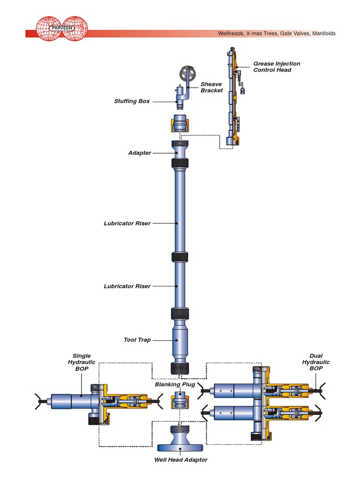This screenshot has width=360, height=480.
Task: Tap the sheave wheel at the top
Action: click(187, 74)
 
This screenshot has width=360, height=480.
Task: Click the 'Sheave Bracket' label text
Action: click(211, 87)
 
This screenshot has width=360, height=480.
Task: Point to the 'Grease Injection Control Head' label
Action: click(277, 67)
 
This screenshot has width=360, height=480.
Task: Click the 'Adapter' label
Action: click(140, 153)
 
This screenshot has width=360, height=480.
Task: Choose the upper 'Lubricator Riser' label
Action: click(127, 224)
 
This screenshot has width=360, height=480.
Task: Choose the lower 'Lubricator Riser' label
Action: click(127, 286)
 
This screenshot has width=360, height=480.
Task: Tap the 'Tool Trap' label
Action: click(137, 340)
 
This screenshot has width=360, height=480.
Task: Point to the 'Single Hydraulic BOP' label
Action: click(82, 362)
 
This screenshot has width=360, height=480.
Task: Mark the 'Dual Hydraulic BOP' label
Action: click(315, 362)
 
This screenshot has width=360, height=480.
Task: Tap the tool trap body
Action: click(180, 340)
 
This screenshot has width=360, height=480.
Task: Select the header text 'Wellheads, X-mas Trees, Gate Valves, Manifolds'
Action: click(277, 34)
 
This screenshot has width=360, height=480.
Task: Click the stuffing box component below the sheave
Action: click(179, 97)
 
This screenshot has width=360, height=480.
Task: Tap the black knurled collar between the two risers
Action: click(180, 257)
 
